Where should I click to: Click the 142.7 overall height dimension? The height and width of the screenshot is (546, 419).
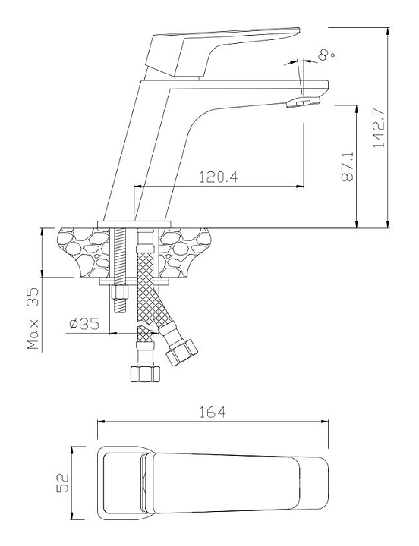379,128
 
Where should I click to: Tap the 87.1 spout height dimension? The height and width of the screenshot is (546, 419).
347,167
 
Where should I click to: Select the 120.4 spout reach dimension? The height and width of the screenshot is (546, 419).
219,177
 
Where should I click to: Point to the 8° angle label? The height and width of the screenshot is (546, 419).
326,55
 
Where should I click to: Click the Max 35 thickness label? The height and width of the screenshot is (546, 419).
34,318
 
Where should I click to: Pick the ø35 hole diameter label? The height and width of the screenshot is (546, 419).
84,324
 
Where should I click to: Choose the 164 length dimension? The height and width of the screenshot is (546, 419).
213,413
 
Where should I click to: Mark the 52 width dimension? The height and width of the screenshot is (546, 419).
63,482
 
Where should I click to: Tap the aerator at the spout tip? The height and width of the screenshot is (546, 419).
303,102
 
